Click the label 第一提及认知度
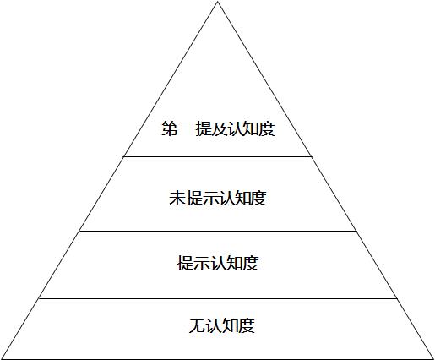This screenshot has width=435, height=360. [218, 128]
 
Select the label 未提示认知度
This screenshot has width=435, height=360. [218, 198]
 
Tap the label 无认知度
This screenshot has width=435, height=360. [222, 326]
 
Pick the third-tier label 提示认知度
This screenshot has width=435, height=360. [218, 263]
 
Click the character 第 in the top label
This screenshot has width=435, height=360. [170, 128]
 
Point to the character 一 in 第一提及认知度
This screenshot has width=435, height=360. [186, 129]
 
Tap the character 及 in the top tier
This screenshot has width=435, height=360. [219, 128]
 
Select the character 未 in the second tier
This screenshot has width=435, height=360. [177, 198]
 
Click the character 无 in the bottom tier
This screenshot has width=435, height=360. [197, 326]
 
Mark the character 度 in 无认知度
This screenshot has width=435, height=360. [247, 326]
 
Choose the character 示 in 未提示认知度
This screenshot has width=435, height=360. [209, 198]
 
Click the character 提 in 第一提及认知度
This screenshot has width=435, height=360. [202, 128]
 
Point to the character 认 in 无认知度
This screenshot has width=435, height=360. [214, 326]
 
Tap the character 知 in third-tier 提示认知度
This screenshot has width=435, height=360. [234, 263]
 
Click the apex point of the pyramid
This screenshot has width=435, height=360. [217, 2]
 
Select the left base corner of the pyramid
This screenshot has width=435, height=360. [1, 358]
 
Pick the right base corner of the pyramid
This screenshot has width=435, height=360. [433, 358]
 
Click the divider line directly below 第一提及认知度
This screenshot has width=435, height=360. [218, 156]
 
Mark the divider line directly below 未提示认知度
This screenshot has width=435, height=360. [218, 231]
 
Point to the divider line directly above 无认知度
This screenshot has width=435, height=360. [218, 298]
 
